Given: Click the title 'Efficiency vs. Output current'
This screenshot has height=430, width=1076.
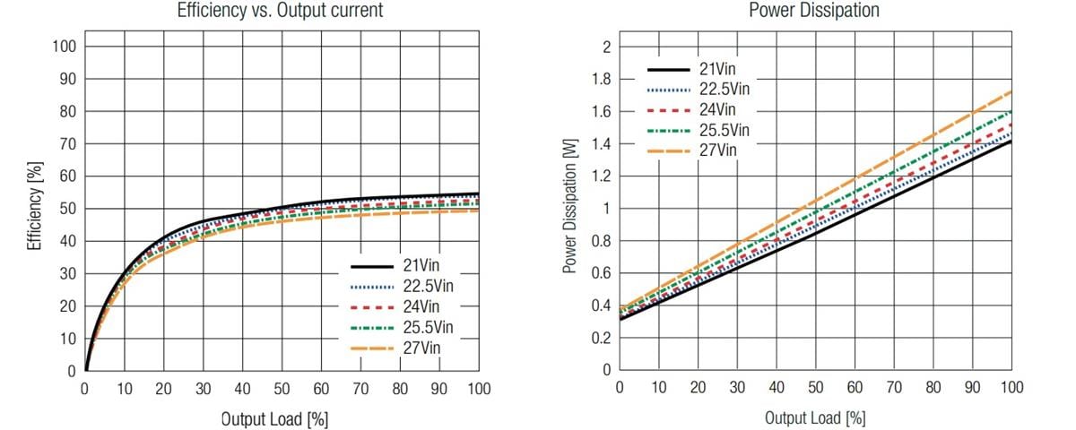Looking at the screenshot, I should (x=282, y=11).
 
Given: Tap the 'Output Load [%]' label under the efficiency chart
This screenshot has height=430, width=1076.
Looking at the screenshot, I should (x=274, y=419).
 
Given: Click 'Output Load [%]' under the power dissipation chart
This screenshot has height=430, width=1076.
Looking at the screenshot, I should (x=816, y=417).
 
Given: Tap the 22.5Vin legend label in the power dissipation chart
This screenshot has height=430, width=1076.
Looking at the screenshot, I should (x=725, y=89).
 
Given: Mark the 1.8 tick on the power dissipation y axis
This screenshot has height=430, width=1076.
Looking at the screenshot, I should (x=601, y=80).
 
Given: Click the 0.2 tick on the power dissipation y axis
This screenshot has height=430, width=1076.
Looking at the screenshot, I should (x=601, y=339).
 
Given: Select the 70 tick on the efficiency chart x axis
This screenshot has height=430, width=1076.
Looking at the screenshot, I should (x=360, y=389).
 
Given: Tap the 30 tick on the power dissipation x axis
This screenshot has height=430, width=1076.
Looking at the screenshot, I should (x=737, y=388).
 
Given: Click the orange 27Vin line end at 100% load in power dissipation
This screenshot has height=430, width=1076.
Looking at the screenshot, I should (x=1012, y=91).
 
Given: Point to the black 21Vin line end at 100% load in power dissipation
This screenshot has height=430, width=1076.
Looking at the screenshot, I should (x=1012, y=141).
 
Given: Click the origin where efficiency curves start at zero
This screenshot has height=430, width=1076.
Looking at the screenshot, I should (x=85, y=370).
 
